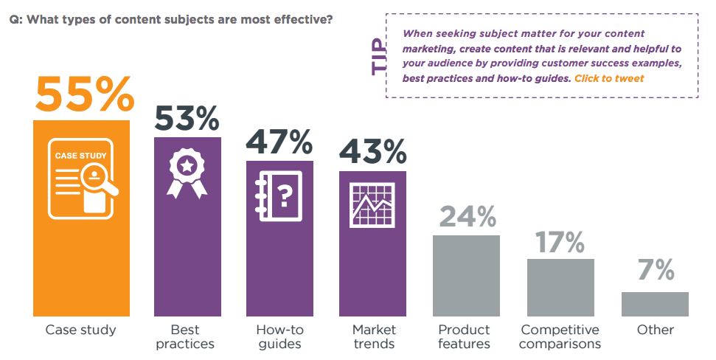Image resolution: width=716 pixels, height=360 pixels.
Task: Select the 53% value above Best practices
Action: pos(187,118)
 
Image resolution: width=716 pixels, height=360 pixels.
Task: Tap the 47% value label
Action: pos(279,142)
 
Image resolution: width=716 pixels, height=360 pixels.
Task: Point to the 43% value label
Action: pos(372,152)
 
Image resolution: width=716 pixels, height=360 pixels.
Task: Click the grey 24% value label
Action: pos(467,217)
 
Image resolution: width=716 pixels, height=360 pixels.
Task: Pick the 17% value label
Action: pos(560,241)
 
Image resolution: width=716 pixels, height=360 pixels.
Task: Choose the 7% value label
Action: pos(656,271)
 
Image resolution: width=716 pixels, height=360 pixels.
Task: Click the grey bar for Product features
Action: pos(466,275)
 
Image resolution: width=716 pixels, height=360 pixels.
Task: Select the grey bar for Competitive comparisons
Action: pos(560,287)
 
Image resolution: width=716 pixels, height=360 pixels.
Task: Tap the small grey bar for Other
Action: pos(655,304)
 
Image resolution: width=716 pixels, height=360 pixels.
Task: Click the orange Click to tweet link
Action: pos(609,78)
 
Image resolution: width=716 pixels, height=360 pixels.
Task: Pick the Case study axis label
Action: pos(81,330)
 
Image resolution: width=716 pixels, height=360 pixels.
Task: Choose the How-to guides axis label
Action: pos(279,336)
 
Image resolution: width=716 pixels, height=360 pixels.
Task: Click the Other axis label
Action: pos(655,330)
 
